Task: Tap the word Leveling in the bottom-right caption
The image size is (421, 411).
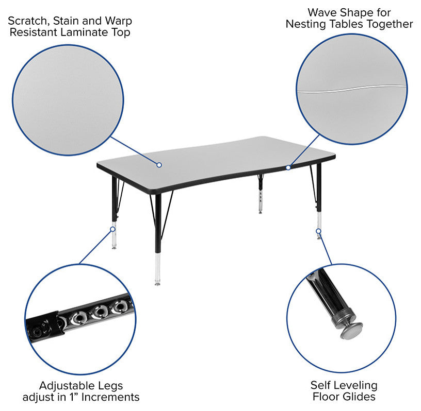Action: (355, 386)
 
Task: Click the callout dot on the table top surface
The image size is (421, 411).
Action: (159, 165)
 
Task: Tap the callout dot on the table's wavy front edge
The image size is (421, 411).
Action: (288, 167)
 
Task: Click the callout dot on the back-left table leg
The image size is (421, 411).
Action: (113, 229)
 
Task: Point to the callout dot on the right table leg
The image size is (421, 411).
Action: (318, 231)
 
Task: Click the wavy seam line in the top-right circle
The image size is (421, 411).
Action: (351, 90)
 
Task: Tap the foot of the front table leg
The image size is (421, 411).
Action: (157, 283)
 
